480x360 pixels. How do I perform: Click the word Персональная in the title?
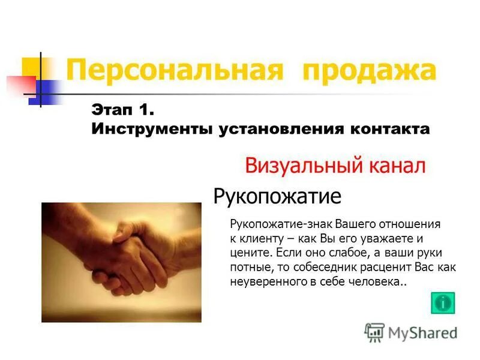click(173, 70)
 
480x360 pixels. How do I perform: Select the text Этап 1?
click(123, 110)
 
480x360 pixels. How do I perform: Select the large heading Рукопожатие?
click(277, 196)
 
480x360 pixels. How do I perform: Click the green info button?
click(443, 302)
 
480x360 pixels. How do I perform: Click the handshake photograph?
click(121, 262)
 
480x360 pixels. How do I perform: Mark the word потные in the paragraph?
click(248, 266)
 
